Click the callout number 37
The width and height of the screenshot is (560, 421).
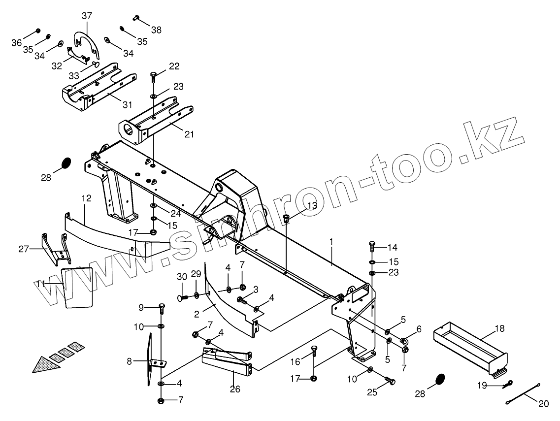(x=87, y=16)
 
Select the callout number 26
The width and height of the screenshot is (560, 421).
(x=235, y=389)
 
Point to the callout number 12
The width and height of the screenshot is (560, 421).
(x=86, y=198)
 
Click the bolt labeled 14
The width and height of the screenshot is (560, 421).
(x=372, y=246)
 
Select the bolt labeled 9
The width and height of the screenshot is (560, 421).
(x=161, y=308)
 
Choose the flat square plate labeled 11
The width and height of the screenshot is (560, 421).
(x=79, y=287)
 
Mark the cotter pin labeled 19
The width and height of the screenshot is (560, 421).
(x=508, y=385)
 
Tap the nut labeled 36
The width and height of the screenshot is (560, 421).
(x=38, y=31)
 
